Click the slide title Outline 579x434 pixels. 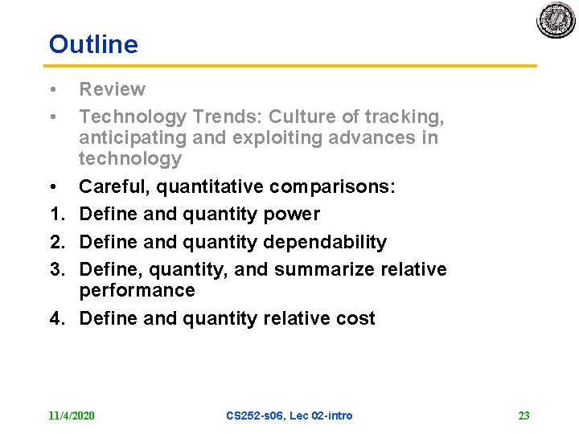pyautogui.click(x=93, y=44)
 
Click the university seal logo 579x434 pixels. pyautogui.click(x=556, y=20)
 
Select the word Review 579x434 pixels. pyautogui.click(x=113, y=89)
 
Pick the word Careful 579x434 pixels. pyautogui.click(x=114, y=187)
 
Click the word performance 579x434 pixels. pyautogui.click(x=137, y=290)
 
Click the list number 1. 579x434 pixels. pyautogui.click(x=55, y=215)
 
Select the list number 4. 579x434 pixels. pyautogui.click(x=55, y=318)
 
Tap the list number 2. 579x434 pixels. pyautogui.click(x=55, y=242)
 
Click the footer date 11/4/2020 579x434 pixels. pyautogui.click(x=72, y=416)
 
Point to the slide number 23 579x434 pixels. pyautogui.click(x=524, y=416)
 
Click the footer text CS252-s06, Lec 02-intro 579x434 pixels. pyautogui.click(x=289, y=416)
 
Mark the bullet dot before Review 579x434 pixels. pyautogui.click(x=52, y=89)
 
